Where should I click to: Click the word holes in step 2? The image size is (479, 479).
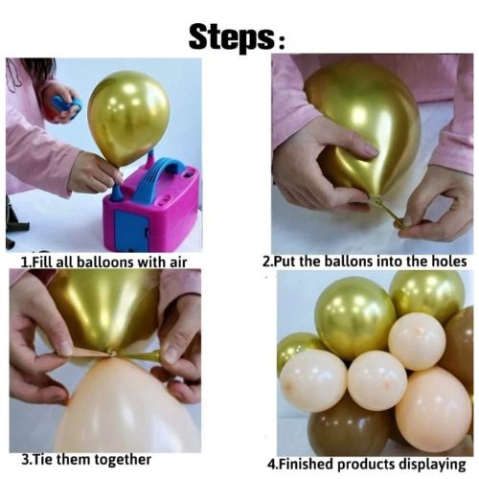pyautogui.click(x=445, y=262)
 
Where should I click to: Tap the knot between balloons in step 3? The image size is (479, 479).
pyautogui.click(x=114, y=354)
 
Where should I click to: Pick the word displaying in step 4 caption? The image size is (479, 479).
pyautogui.click(x=429, y=464)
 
